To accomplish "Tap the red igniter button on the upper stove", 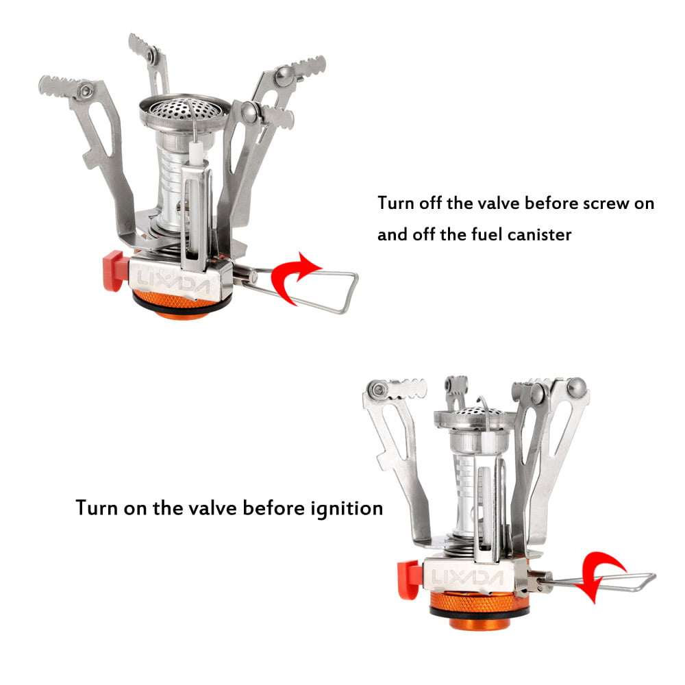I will (x=113, y=270).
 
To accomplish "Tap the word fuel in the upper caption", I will (x=471, y=234).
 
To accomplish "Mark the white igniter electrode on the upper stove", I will (x=194, y=154).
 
